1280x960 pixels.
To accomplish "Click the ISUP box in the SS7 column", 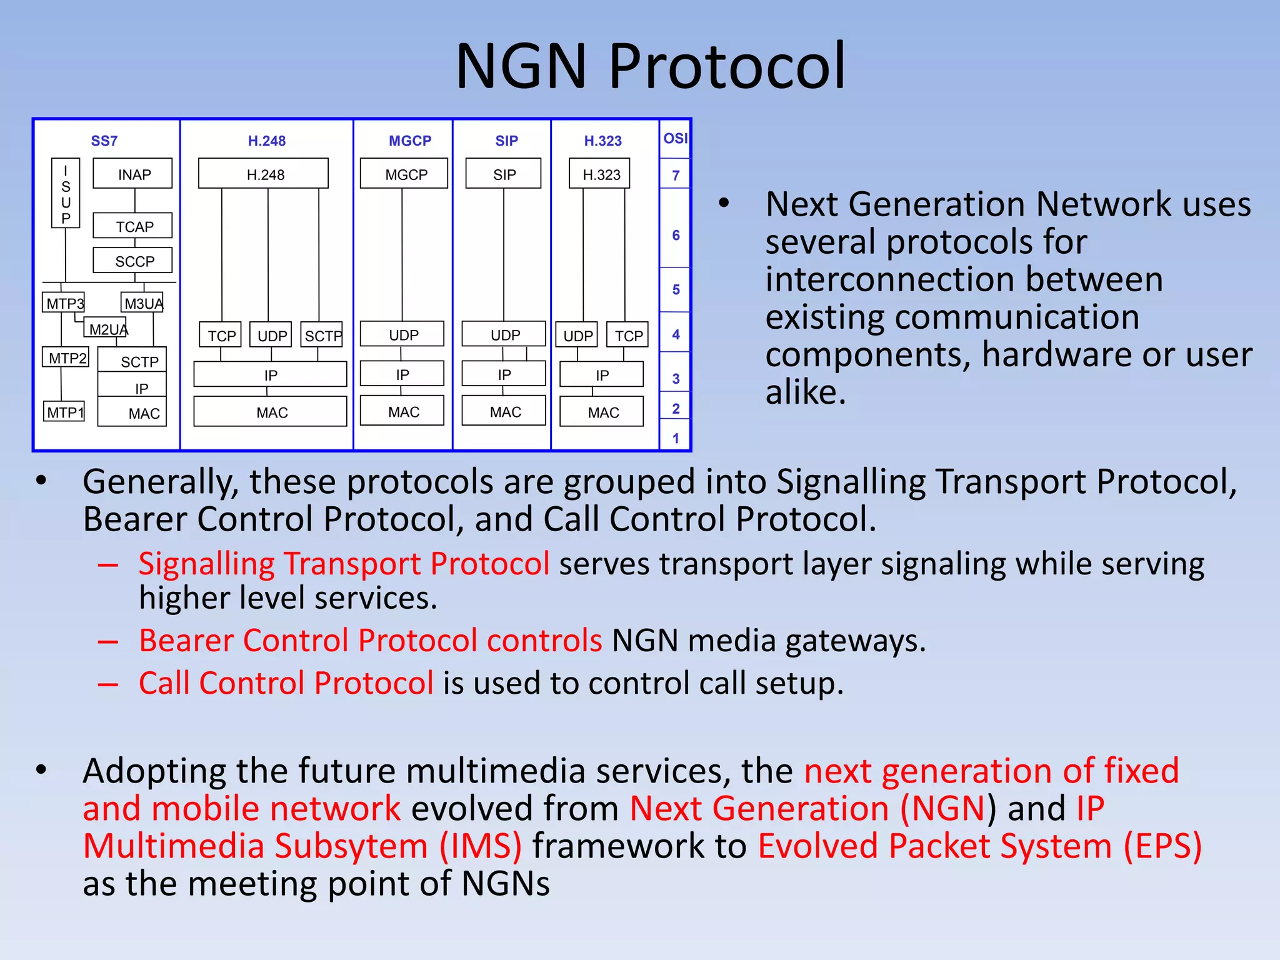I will (x=66, y=193).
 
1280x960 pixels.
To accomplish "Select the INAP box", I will (x=132, y=174).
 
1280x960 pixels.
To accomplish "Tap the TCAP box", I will (x=132, y=226).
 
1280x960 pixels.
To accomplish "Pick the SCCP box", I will (x=132, y=261).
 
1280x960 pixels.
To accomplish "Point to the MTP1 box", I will (x=64, y=412).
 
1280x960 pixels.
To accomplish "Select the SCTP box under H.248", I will (x=321, y=335).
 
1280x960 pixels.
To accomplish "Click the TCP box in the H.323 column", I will (x=628, y=335).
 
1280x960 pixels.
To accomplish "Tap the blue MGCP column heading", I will (x=409, y=141).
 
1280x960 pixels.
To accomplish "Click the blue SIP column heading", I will (x=506, y=141).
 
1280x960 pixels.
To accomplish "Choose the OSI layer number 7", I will (x=676, y=175).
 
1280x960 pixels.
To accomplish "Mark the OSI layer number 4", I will (x=676, y=334).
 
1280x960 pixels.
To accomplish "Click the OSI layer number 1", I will (x=676, y=438).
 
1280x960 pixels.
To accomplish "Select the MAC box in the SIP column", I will (x=504, y=411).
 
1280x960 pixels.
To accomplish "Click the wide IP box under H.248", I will (x=270, y=374).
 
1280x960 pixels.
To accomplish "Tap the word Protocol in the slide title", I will (x=727, y=66).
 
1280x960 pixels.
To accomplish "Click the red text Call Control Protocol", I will (x=286, y=682).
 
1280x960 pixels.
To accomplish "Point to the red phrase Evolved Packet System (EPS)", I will (x=979, y=846).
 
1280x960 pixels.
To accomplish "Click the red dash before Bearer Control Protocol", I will (x=108, y=642).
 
